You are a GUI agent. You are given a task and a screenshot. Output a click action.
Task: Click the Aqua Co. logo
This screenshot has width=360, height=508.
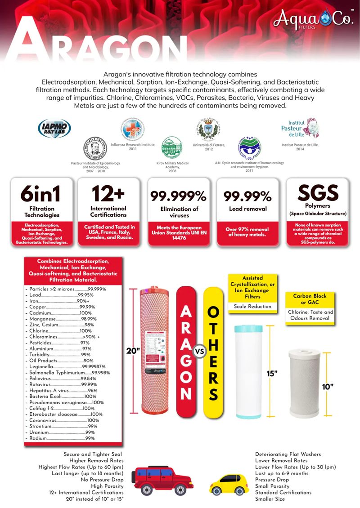(311, 19)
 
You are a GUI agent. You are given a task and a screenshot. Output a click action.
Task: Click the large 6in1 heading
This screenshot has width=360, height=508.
(42, 194)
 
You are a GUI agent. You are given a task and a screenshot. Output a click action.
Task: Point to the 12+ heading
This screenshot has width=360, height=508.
(108, 194)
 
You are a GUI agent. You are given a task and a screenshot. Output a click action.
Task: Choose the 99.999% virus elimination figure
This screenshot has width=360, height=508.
(178, 196)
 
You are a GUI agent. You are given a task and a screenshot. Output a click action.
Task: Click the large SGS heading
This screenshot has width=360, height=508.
(318, 193)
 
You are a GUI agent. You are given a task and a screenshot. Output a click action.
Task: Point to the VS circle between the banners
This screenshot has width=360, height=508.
(199, 351)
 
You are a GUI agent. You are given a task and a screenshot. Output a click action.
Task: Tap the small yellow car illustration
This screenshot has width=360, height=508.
(229, 483)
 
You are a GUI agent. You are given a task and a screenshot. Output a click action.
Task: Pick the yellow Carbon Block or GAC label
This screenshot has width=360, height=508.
(310, 299)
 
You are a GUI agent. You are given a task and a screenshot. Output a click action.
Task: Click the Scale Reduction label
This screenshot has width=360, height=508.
(252, 306)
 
